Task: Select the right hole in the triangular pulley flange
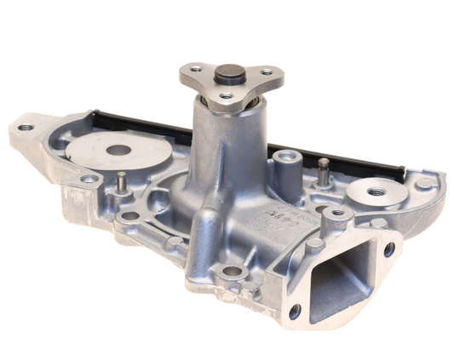[x=267, y=72]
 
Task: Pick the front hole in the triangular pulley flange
[x=225, y=98]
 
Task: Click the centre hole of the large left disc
[x=119, y=151]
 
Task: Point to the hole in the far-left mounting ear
[x=26, y=128]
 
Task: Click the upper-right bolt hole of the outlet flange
[x=389, y=249]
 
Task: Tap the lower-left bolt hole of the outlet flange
[x=295, y=311]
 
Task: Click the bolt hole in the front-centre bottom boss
[x=231, y=273]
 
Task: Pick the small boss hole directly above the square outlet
[x=336, y=213]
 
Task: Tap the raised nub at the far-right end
[x=423, y=182]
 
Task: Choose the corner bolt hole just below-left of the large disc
[x=89, y=180]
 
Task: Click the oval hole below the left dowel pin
[x=129, y=216]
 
